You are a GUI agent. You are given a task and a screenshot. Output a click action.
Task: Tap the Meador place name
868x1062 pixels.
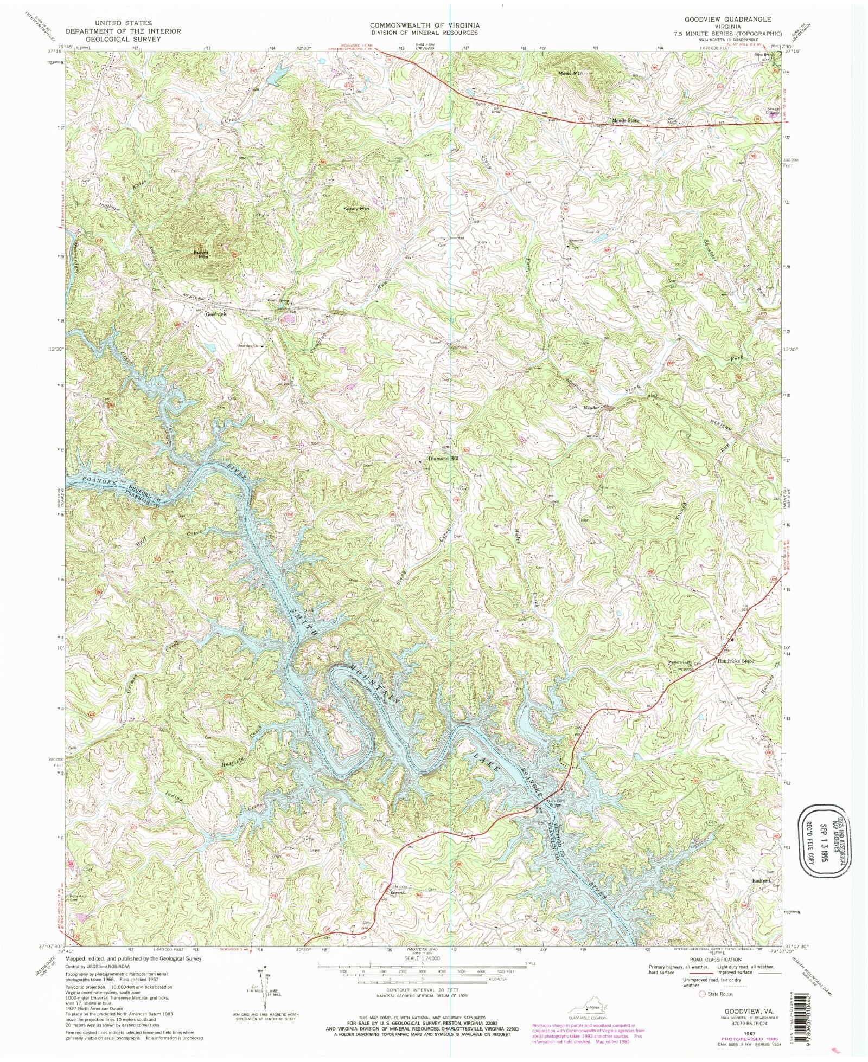point(591,407)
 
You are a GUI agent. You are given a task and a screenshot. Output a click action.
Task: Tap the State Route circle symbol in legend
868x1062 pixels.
point(702,994)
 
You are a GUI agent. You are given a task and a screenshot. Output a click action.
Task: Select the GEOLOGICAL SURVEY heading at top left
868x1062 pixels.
point(129,39)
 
